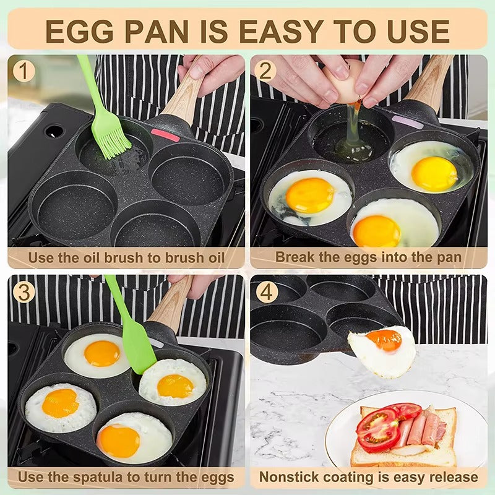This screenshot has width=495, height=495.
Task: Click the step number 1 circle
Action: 24,72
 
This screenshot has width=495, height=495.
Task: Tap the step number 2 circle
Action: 265,72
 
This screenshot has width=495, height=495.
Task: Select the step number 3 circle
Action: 24,292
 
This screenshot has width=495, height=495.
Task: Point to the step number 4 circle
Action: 267,292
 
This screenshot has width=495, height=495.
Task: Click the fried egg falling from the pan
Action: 382,350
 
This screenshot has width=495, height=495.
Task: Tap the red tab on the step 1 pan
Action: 165,134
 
